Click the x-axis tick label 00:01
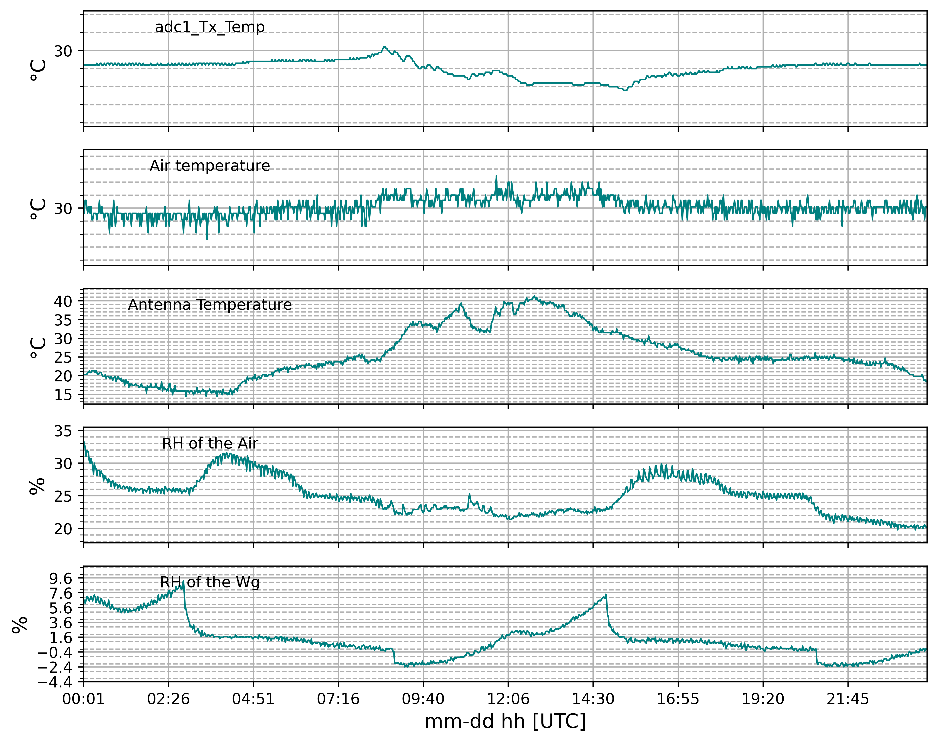coord(83,699)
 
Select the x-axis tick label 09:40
coord(423,699)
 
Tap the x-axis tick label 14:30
coord(593,699)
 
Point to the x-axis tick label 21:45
coord(848,699)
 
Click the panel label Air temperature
coord(210,166)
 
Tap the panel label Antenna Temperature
coord(210,305)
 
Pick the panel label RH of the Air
coord(210,443)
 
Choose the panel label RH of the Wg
coord(210,582)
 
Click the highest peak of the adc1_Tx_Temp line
coord(384,47)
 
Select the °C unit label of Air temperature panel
coord(38,209)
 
